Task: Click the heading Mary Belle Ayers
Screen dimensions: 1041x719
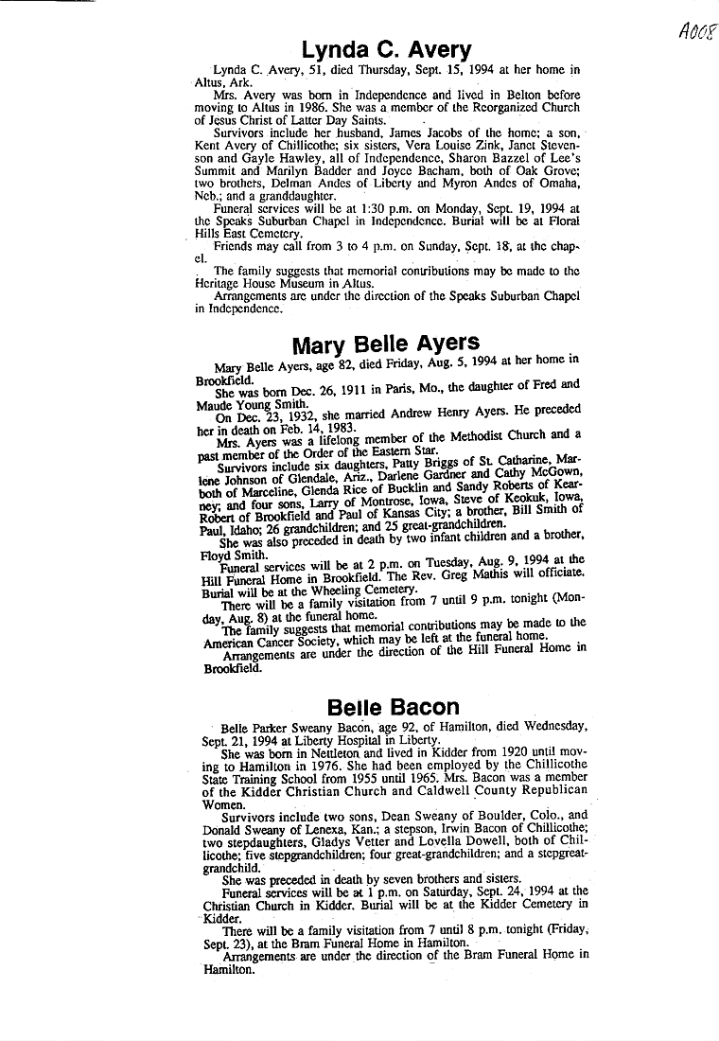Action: (x=385, y=343)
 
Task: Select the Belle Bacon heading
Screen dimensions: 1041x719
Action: (x=393, y=707)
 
